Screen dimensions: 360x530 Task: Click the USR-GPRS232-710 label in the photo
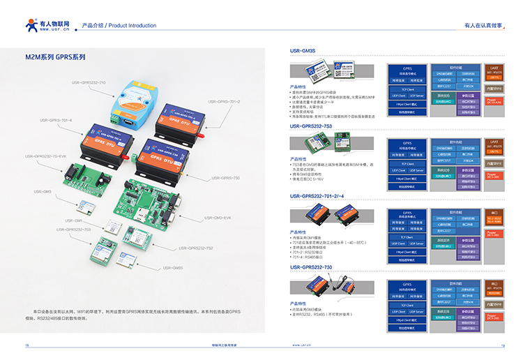pos(89,82)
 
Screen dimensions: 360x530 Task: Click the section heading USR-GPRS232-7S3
pos(311,126)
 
